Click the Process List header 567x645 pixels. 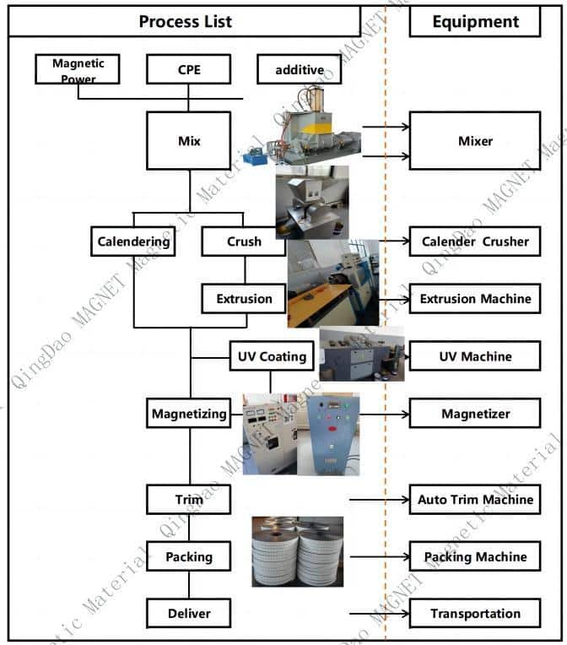pyautogui.click(x=185, y=22)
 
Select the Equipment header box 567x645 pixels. pyautogui.click(x=474, y=22)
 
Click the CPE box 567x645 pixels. pyautogui.click(x=189, y=69)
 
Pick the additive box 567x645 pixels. pyautogui.click(x=299, y=69)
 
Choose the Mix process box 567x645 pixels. pyautogui.click(x=189, y=141)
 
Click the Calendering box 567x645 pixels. pyautogui.click(x=133, y=241)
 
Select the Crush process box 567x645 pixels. pyautogui.click(x=244, y=241)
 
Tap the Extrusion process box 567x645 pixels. pyautogui.click(x=244, y=298)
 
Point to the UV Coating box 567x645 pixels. pyautogui.click(x=271, y=356)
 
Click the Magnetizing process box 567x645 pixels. pyautogui.click(x=189, y=414)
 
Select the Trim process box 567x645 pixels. pyautogui.click(x=189, y=500)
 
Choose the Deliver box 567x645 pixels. pyautogui.click(x=189, y=613)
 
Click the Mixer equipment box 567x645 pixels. pyautogui.click(x=474, y=141)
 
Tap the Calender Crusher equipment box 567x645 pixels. pyautogui.click(x=474, y=241)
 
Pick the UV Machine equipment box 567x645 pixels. pyautogui.click(x=474, y=356)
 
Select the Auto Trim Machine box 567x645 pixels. pyautogui.click(x=474, y=500)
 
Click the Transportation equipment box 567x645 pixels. pyautogui.click(x=474, y=613)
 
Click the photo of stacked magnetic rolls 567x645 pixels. pyautogui.click(x=297, y=551)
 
